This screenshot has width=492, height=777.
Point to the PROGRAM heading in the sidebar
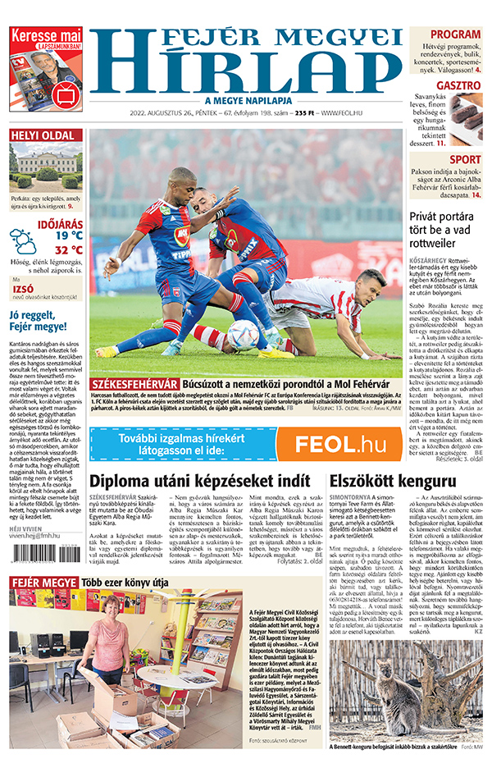pos(454,34)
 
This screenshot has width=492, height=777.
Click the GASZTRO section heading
pos(458,85)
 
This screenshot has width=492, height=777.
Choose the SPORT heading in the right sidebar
pos(465,159)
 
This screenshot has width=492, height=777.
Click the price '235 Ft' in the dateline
pos(305,112)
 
